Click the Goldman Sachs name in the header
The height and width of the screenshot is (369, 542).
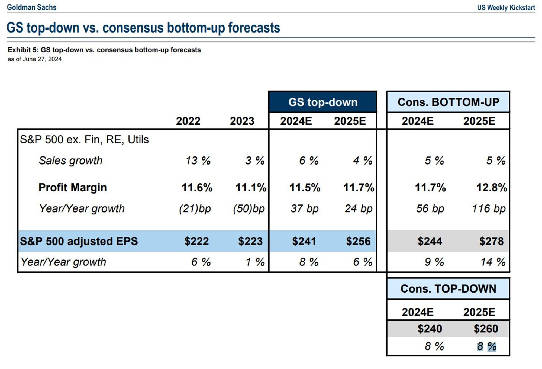[x=32, y=7]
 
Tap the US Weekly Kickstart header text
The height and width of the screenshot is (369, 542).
[x=506, y=8]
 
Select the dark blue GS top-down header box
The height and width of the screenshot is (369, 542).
[x=322, y=102]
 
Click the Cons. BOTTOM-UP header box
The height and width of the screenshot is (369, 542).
[x=448, y=102]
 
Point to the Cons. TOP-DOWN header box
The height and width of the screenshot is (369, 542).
[x=448, y=289]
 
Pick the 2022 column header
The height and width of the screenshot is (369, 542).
[x=188, y=121]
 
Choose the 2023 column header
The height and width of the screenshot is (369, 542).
[x=242, y=121]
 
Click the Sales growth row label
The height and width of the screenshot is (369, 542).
[x=70, y=161]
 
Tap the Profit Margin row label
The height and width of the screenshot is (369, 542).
[x=73, y=187]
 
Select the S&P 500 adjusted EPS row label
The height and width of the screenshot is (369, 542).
[x=79, y=241]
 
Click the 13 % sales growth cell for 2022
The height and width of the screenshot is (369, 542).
[x=198, y=161]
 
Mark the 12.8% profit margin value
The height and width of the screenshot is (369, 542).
[x=492, y=187]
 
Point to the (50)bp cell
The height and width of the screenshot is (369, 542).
[x=249, y=209]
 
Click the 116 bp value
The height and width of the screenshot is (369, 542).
[x=489, y=209]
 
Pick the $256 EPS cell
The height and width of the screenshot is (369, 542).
[x=358, y=241]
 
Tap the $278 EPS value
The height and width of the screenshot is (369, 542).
[x=491, y=241]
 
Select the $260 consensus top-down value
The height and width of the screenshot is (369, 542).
[x=486, y=329]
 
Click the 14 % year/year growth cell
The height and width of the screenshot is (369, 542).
[x=493, y=262]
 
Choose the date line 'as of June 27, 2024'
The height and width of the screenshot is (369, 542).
[x=35, y=59]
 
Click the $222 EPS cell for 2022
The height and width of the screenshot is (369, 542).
[x=196, y=241]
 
